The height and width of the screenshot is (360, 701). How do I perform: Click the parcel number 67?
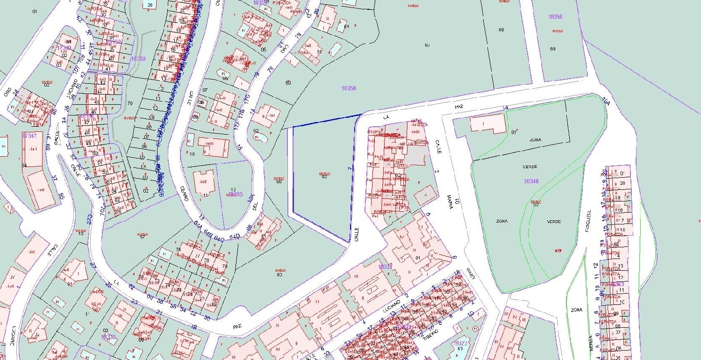click(427, 45)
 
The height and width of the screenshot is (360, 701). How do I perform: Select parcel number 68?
click(501, 30)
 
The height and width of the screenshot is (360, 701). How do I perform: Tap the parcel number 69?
click(553, 49)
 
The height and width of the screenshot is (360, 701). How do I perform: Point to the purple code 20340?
click(532, 181)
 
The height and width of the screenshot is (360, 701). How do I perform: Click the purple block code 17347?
click(29, 136)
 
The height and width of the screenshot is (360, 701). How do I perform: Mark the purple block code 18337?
click(386, 266)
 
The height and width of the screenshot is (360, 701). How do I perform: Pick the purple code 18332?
click(108, 337)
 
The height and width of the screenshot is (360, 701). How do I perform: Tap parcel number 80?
click(280, 274)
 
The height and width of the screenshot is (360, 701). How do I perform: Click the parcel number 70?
click(130, 103)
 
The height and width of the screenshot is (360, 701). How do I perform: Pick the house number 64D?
click(234, 238)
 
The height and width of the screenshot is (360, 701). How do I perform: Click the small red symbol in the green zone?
click(557, 251)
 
